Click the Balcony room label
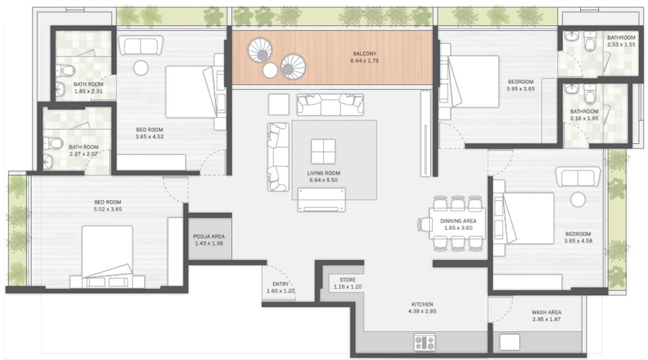364,54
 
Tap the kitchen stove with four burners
424,342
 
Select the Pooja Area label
209,236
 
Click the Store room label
348,280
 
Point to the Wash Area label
546,312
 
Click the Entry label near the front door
281,284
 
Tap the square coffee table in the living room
323,151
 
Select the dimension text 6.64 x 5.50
323,180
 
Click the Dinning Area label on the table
458,221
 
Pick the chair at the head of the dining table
424,225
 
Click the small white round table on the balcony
270,71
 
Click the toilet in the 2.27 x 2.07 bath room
54,143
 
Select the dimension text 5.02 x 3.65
107,209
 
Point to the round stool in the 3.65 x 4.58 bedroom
578,199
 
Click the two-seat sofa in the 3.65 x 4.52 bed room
140,45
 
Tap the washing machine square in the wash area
509,343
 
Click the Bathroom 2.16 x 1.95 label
584,115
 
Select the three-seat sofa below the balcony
330,104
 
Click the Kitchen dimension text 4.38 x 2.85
422,311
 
